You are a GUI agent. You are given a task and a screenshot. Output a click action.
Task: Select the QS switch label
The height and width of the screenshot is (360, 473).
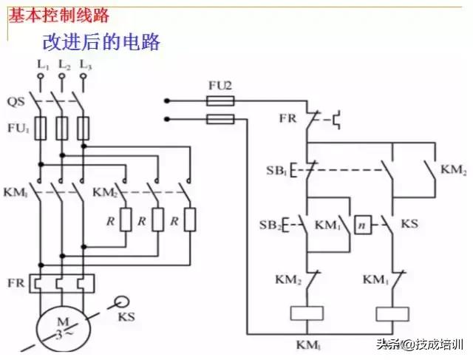coord(16,101)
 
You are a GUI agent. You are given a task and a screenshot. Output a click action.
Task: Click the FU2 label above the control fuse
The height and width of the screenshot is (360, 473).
coord(220,85)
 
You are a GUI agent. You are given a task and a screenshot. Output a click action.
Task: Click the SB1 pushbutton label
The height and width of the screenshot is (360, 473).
coord(277,171)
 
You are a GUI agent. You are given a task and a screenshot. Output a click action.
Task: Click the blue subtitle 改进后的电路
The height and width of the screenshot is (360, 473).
coord(101,41)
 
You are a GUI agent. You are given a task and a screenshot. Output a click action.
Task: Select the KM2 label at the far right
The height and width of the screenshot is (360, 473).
coord(453,171)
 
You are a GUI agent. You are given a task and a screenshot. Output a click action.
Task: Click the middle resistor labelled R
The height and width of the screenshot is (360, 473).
coord(157,220)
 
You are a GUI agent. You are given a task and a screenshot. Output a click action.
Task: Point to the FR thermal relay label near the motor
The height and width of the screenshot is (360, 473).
coord(16,282)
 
